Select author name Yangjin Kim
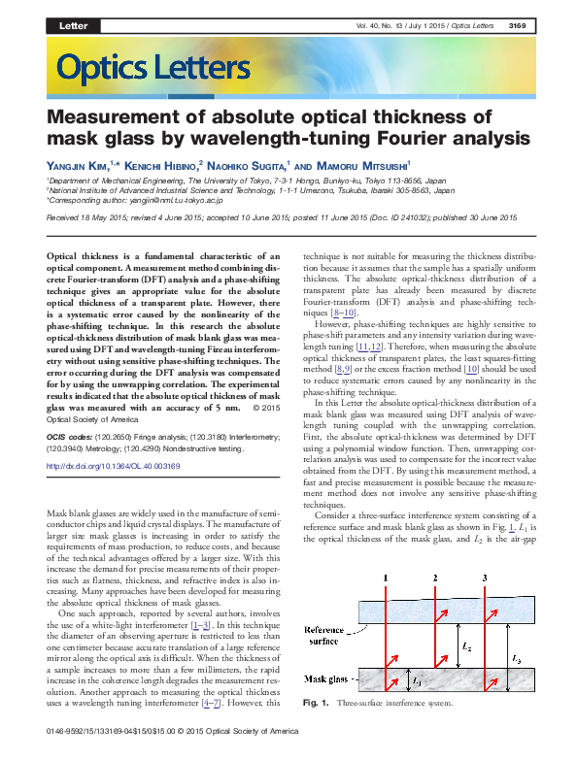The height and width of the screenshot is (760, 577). [77, 166]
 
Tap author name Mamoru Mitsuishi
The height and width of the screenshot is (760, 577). [367, 166]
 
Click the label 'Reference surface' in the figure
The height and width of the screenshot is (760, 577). [331, 636]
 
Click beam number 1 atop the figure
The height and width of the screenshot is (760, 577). [386, 579]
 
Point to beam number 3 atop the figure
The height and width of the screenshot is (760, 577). [485, 579]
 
